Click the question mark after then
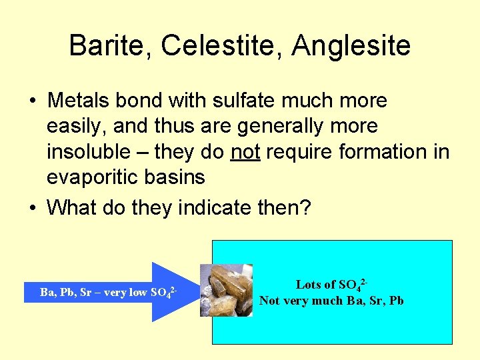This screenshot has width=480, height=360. [x=305, y=207]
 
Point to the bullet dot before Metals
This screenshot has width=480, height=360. [x=32, y=101]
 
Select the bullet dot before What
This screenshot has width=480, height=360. [x=32, y=207]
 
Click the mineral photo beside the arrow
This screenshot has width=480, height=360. [x=227, y=290]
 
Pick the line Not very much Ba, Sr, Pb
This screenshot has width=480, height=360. [x=331, y=301]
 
